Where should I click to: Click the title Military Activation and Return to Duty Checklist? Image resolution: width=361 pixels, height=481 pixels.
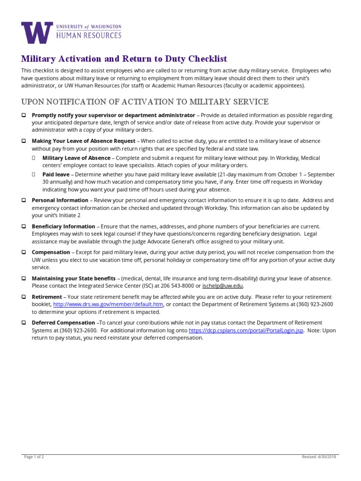pos(124,59)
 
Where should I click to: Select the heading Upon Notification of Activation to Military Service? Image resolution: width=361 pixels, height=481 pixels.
pos(145,101)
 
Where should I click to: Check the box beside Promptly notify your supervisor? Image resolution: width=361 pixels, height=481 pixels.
pos(24,116)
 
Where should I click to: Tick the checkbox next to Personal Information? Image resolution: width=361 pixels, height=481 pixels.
pos(24,200)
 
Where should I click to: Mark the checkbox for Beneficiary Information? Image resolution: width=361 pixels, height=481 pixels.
pos(24,226)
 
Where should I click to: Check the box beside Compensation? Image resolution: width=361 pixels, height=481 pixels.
pos(24,252)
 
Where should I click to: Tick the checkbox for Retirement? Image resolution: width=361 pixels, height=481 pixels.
pos(24,297)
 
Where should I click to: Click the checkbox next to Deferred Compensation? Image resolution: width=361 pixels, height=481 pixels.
pos(24,323)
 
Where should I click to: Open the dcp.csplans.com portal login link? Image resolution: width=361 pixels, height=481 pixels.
pos(246,330)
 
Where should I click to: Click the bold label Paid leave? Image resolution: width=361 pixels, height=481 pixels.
pos(56,174)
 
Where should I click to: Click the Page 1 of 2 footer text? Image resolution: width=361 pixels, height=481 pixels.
pos(34,457)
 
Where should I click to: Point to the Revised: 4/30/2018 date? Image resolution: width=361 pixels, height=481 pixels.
pos(319,457)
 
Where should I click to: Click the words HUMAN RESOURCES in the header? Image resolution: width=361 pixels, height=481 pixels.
pos(88,35)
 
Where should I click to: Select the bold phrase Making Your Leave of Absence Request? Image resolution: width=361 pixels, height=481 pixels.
pos(84,141)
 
